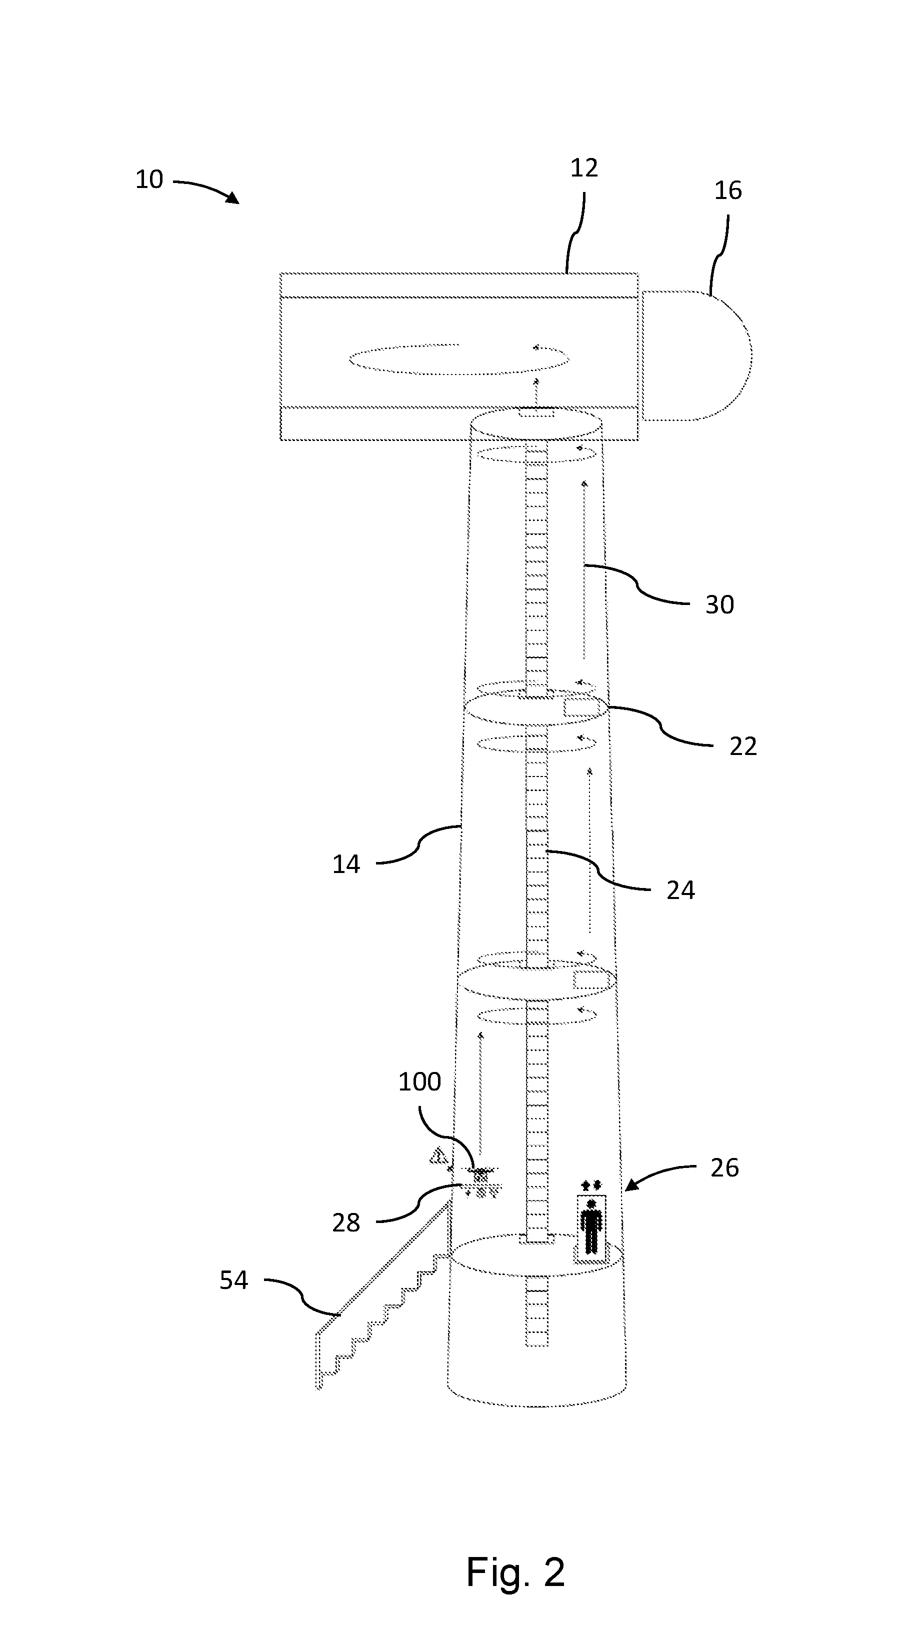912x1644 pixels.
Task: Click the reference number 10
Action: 149,179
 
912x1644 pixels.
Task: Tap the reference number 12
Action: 584,168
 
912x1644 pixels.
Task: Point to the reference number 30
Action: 719,604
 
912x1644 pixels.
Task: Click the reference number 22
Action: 743,746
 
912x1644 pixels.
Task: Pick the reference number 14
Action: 346,864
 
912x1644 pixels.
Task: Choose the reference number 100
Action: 419,1081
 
